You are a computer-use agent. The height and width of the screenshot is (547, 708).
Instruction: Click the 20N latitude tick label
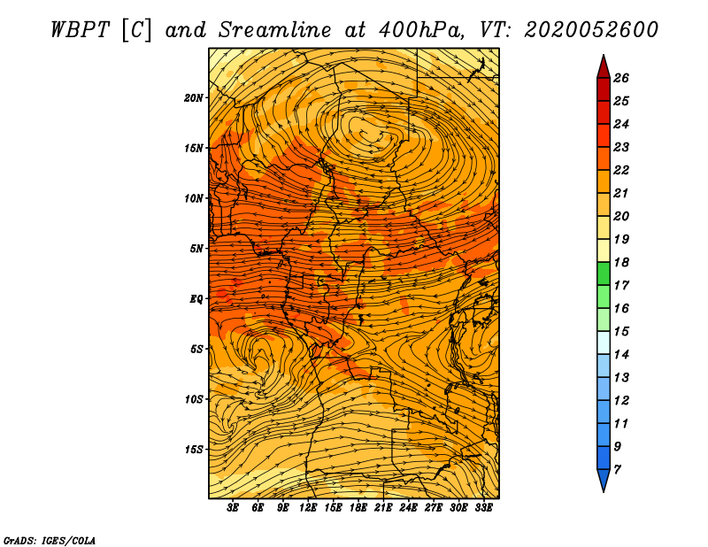pos(194,98)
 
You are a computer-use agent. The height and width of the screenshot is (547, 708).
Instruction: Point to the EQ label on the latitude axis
pos(196,299)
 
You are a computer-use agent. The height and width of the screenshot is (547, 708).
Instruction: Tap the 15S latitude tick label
pos(194,450)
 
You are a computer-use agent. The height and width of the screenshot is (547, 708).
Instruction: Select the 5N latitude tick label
pos(196,249)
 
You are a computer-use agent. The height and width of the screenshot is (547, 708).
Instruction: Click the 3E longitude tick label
pos(233,508)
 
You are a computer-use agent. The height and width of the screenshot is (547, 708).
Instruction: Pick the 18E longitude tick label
pos(358,508)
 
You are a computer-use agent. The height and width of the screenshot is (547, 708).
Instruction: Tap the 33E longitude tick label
pos(483,508)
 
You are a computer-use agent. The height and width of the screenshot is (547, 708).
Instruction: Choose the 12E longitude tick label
pos(308,508)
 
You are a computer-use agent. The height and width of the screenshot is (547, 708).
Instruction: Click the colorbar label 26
pos(621,78)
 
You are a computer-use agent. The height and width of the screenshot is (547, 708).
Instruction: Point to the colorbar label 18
pos(621,262)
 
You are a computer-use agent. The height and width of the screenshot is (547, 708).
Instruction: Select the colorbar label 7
pos(618,470)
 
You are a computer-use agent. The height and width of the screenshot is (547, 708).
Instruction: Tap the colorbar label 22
pos(621,170)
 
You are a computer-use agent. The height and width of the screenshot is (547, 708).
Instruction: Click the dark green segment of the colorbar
pos(604,273)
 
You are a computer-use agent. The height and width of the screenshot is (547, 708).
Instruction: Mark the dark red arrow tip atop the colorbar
pos(604,55)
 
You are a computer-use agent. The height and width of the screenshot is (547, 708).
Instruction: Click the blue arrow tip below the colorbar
pos(604,491)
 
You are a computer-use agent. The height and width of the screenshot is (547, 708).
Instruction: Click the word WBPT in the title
pos(80,30)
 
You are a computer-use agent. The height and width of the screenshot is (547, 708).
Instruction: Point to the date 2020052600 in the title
pos(591,30)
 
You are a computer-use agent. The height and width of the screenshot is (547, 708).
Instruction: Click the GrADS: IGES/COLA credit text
pos(50,540)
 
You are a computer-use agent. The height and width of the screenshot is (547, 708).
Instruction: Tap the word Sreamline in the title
pos(275,30)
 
